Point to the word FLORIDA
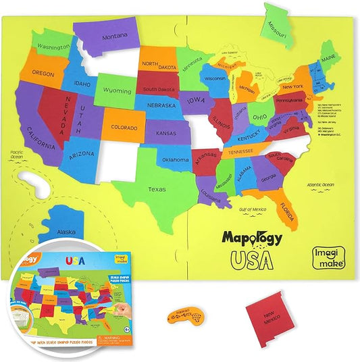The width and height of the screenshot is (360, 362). click(x=287, y=211)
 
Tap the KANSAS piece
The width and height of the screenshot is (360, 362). click(x=166, y=134)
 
